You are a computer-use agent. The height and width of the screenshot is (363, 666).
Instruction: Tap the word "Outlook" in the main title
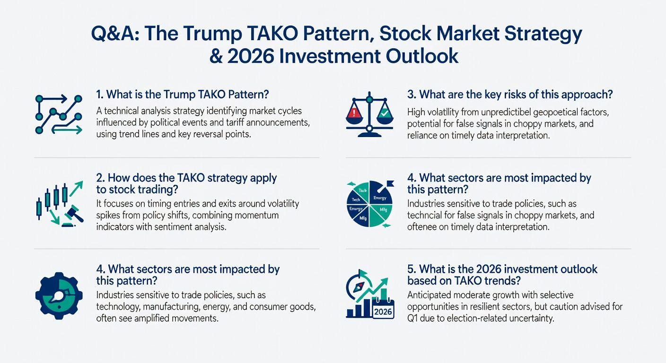(422, 56)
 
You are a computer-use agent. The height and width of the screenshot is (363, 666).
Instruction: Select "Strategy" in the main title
(543, 35)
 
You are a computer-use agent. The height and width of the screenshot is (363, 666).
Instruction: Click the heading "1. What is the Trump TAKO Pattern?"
(183, 95)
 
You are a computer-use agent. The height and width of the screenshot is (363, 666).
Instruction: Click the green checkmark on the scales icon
(385, 113)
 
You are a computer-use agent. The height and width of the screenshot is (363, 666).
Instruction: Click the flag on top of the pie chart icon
(390, 183)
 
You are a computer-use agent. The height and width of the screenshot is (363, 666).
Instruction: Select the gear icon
(59, 296)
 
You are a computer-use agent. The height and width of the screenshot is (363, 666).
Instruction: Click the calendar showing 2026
(383, 309)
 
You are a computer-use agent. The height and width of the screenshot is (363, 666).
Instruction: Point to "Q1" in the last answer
(412, 319)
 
